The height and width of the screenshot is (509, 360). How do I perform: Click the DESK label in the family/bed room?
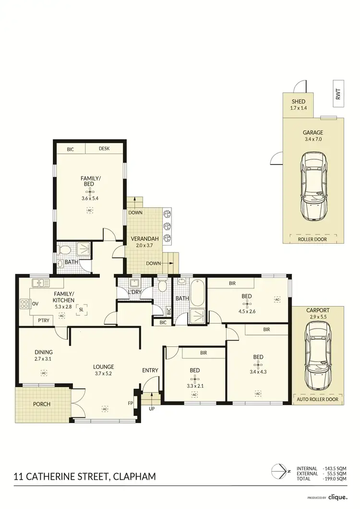104,149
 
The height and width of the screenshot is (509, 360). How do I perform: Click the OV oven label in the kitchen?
35,303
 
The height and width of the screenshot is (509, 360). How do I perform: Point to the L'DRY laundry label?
134,292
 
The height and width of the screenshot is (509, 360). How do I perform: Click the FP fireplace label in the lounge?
130,403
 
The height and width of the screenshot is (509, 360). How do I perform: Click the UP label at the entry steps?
152,409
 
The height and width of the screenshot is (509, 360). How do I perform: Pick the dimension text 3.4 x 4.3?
258,371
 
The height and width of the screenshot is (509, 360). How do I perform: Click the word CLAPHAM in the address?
134,477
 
